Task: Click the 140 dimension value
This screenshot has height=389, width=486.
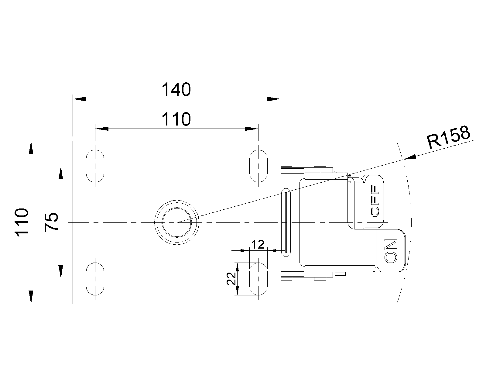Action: pos(176,89)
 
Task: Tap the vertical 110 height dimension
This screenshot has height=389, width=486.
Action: pos(22,222)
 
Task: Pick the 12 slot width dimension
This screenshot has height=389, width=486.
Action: pos(258,244)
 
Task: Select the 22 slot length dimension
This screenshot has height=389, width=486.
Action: pos(231,278)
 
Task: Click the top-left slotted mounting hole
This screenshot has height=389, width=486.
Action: pos(95,166)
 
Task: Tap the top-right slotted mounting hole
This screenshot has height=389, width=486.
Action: pos(258,166)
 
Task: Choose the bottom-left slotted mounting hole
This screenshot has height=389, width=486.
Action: pos(95,278)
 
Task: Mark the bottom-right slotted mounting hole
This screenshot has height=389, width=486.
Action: pos(258,278)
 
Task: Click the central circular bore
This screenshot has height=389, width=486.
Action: pos(177,222)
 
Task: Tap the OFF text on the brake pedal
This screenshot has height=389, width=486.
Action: pos(376,201)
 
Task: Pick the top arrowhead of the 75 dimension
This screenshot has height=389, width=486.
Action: pos(61,173)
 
